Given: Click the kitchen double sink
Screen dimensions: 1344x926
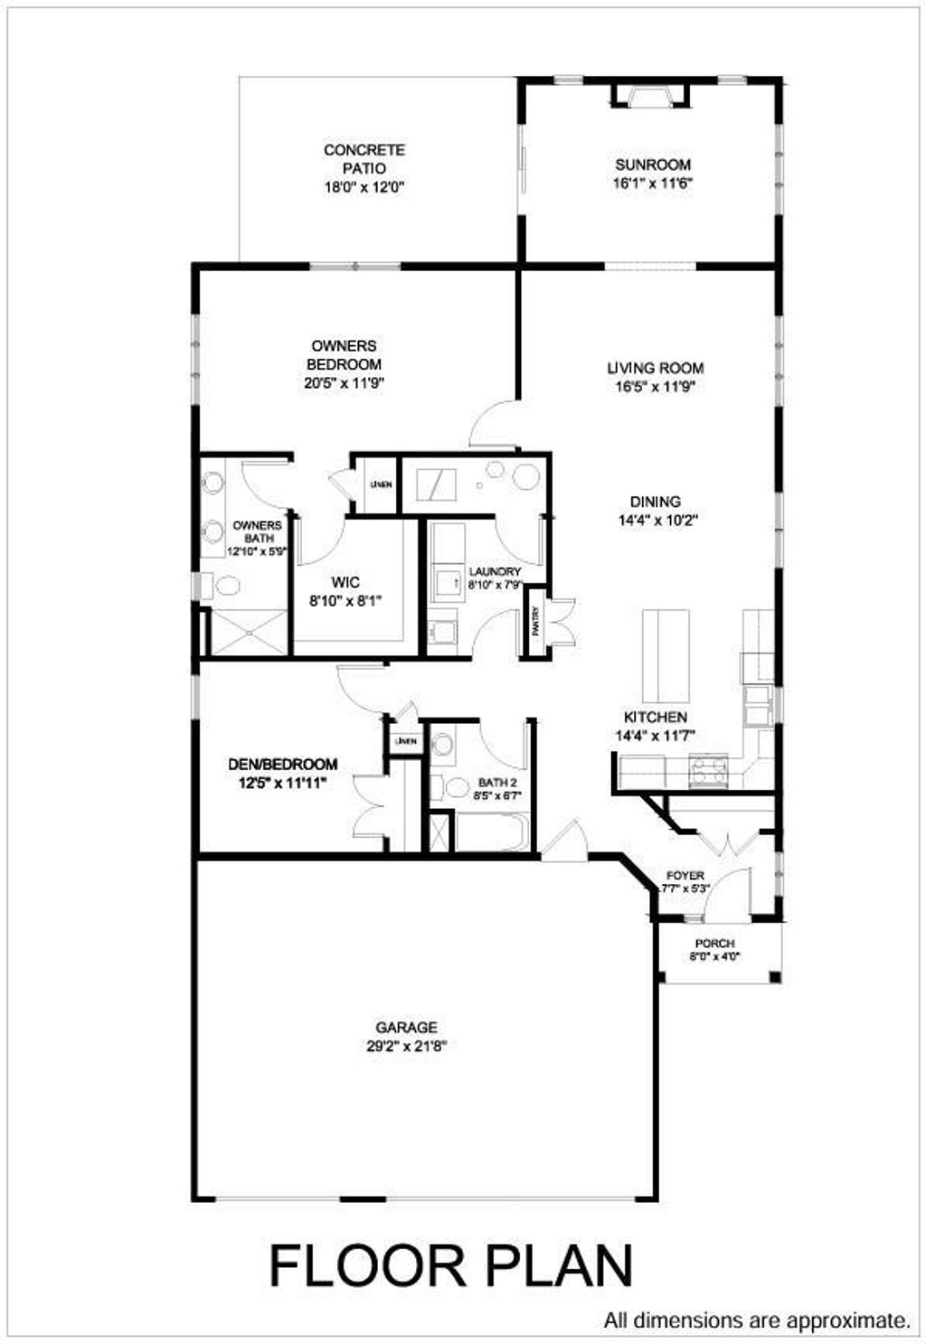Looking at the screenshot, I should coord(758,706).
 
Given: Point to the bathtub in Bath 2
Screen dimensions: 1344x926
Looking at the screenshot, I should coord(489,832).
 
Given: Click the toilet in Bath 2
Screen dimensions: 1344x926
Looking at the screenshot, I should coord(441,745).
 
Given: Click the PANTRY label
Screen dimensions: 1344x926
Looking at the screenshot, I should coord(535,623).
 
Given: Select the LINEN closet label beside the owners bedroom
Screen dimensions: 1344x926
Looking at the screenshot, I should coord(381,484).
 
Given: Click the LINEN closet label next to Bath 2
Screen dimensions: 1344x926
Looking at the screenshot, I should coord(406,741).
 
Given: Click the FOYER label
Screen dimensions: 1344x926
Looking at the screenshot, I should coord(685,876).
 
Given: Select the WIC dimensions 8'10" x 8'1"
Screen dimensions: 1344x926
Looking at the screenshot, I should coord(345,601).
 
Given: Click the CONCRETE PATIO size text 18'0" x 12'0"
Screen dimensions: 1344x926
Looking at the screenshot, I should coord(364,188).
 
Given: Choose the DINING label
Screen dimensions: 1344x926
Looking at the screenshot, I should coord(656,502).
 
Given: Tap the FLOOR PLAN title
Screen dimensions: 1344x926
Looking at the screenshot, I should coord(450,1265).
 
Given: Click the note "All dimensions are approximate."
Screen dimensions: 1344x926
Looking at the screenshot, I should coord(757,1321).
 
